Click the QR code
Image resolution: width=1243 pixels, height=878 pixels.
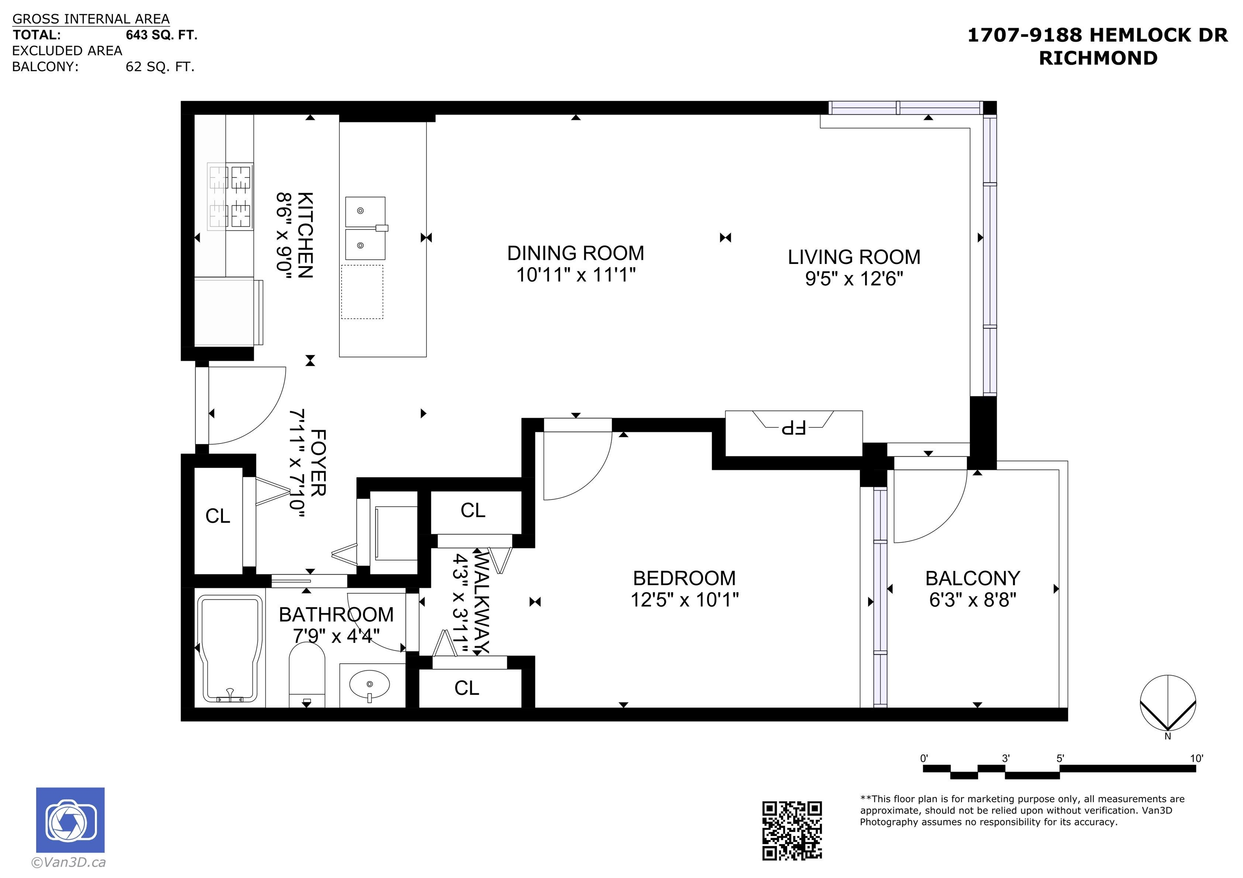[x=792, y=830]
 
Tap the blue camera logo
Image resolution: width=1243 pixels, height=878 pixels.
[x=70, y=820]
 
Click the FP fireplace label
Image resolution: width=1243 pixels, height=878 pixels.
[x=793, y=427]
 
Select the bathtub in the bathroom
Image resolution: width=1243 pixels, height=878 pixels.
[x=230, y=649]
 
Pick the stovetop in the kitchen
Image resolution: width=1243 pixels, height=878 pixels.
[x=230, y=196]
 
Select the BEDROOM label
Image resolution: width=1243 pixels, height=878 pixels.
[x=684, y=578]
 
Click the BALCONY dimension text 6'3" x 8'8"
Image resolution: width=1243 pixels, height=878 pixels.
[x=973, y=600]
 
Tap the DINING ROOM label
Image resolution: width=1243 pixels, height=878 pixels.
[x=575, y=253]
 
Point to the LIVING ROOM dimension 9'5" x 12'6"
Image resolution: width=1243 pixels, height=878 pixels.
[x=854, y=279]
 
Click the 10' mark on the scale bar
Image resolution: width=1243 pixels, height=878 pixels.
[x=1196, y=758]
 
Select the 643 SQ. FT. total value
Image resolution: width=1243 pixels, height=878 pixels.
[x=161, y=35]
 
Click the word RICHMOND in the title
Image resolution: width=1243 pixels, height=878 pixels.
[x=1098, y=58]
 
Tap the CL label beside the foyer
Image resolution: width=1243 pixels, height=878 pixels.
[x=218, y=516]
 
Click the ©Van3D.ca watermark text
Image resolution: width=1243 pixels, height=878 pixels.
[x=68, y=862]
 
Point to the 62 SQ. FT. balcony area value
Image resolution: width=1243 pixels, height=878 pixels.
[x=160, y=67]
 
